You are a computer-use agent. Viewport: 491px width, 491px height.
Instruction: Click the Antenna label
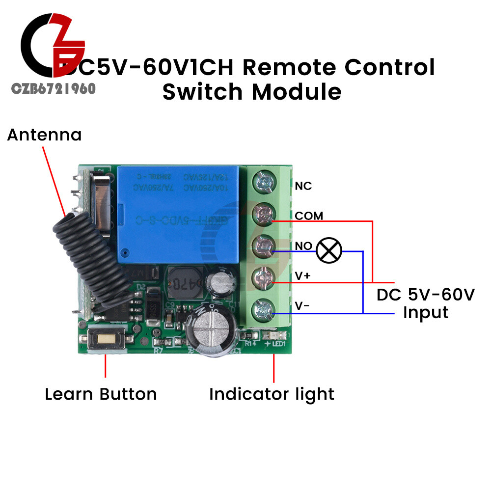click(44, 135)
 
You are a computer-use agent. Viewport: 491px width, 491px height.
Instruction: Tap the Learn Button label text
click(101, 394)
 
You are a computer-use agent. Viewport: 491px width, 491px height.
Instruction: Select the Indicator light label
click(272, 394)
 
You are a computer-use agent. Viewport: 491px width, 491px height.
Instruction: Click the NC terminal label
click(303, 186)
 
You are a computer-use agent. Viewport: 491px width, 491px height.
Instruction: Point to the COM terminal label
click(309, 216)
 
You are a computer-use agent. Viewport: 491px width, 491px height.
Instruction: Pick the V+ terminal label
click(302, 276)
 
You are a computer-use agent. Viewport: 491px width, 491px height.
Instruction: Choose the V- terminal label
click(301, 306)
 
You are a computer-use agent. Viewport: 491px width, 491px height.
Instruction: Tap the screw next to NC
click(263, 184)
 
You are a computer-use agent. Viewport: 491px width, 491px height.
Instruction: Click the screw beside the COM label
click(263, 215)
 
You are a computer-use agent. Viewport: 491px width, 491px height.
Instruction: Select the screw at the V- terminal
click(263, 311)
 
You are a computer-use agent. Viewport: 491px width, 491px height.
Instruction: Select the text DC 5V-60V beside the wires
click(426, 295)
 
